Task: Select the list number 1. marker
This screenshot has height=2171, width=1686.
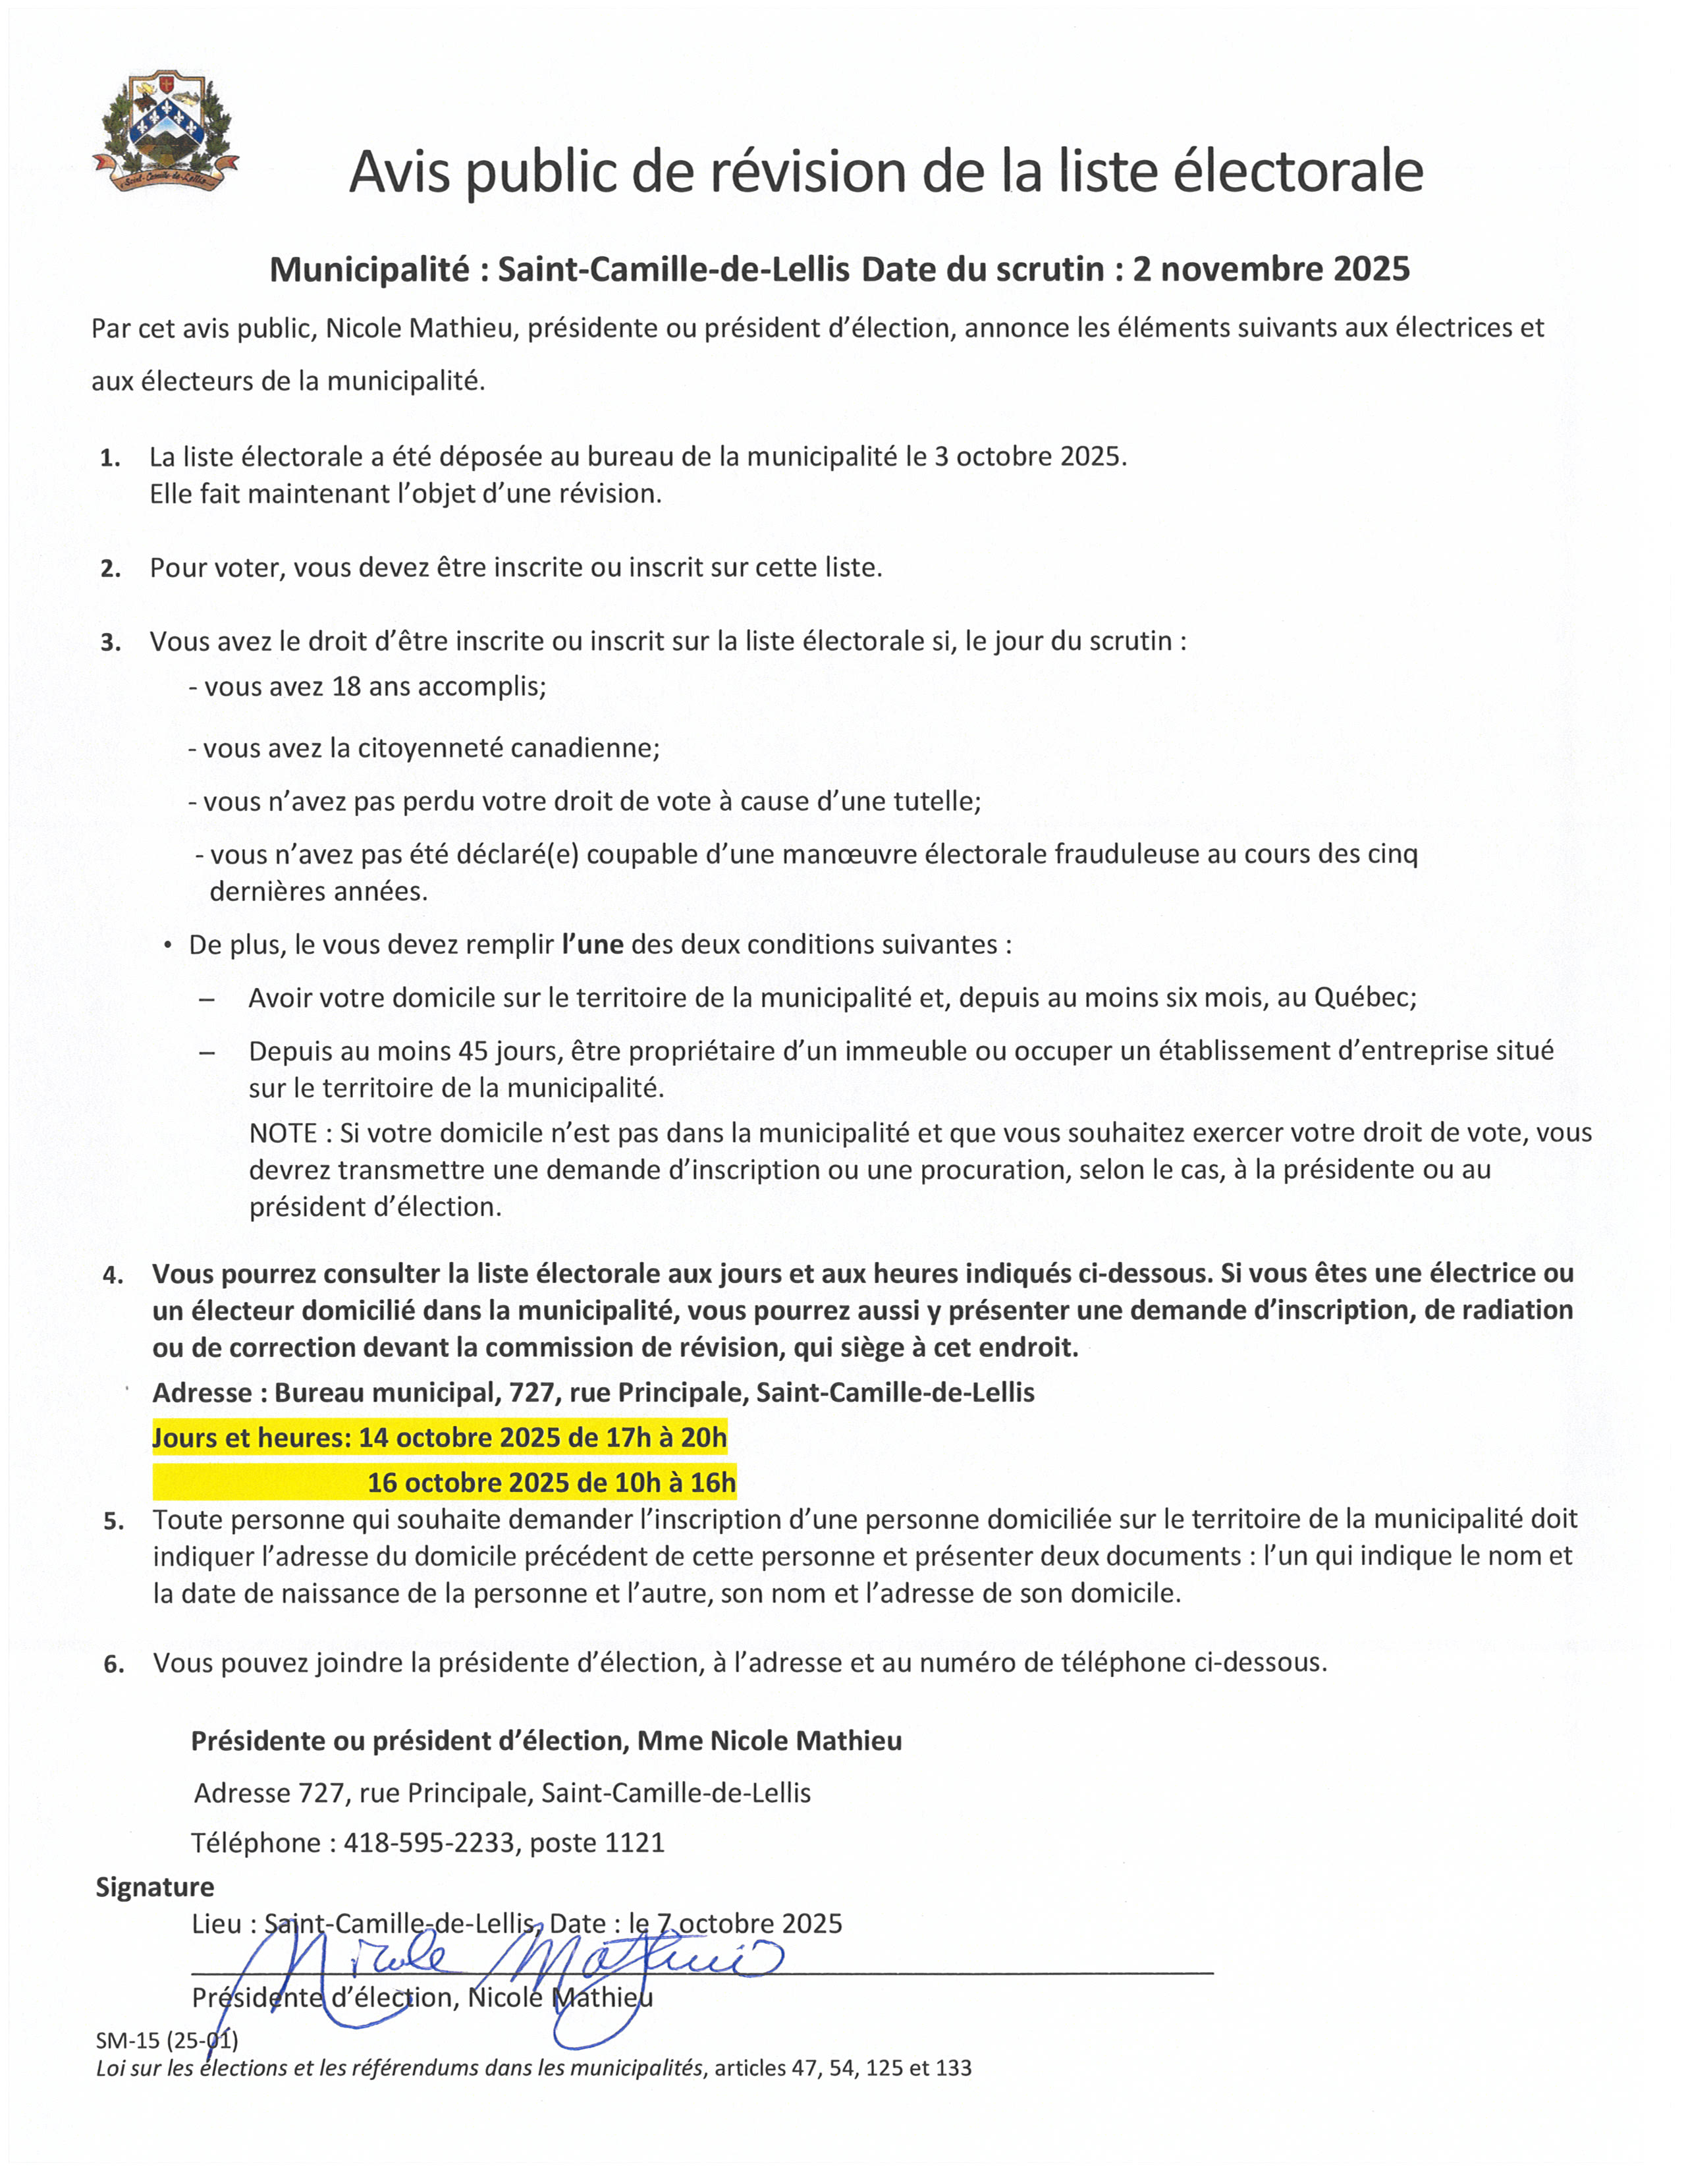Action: pos(111,458)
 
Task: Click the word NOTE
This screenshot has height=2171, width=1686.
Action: pos(283,1132)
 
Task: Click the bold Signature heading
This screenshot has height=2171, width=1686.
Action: pos(155,1886)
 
